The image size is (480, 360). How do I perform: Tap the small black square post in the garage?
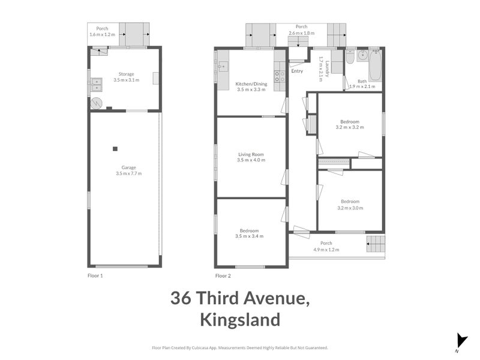(x=116, y=149)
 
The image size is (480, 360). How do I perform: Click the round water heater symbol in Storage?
(x=97, y=103)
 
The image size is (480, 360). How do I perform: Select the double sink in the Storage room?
(x=96, y=88)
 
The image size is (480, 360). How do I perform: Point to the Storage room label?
(x=126, y=74)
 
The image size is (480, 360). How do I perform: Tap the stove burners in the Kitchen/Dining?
(x=279, y=76)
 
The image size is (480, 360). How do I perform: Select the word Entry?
(x=297, y=71)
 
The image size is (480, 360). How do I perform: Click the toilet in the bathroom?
(x=350, y=58)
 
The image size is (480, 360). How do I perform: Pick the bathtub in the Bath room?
(x=376, y=65)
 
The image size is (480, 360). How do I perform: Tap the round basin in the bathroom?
(x=362, y=56)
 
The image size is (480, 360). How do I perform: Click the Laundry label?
(x=321, y=68)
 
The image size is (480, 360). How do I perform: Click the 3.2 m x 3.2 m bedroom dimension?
(x=350, y=127)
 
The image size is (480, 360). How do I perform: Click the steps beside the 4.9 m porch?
(x=374, y=244)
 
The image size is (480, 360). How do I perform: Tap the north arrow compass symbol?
(x=461, y=340)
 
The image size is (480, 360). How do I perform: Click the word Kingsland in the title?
(x=240, y=320)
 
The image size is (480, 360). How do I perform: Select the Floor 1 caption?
(x=96, y=276)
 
